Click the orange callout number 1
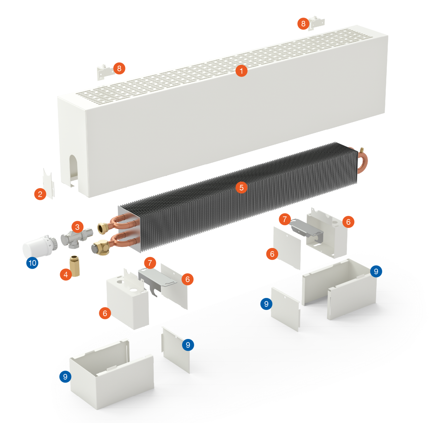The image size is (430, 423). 241,71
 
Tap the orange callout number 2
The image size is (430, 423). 40,194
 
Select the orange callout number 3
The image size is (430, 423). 77,227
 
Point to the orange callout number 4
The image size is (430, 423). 66,274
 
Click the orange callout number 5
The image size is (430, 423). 241,187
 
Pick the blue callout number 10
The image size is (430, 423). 32,263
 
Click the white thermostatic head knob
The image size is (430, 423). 40,247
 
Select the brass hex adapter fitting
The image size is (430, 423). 75,266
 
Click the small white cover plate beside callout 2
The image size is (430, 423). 49,183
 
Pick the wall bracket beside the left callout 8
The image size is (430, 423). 104,72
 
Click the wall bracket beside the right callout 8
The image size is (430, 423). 316,23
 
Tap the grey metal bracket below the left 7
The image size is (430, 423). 156,281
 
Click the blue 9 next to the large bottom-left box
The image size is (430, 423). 65,377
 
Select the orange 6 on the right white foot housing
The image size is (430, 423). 348,222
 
